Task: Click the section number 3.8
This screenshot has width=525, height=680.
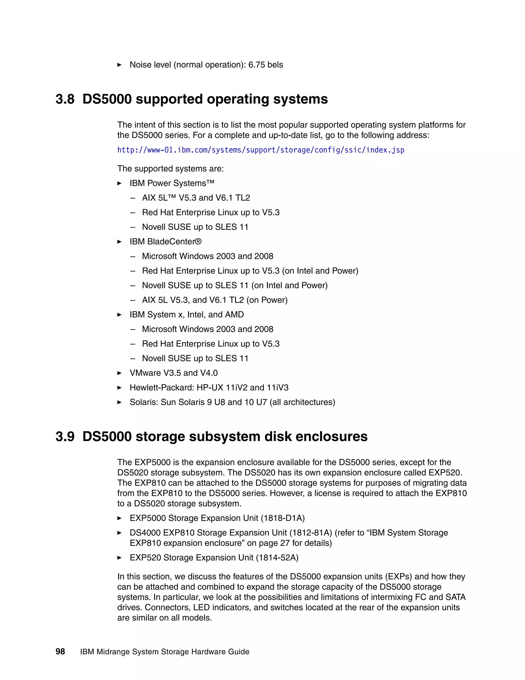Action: click(x=65, y=100)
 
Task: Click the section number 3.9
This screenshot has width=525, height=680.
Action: click(x=65, y=437)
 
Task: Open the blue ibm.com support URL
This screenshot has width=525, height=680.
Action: click(x=261, y=150)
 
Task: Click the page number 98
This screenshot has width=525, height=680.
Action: click(x=60, y=652)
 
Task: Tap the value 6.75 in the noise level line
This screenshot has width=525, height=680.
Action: click(x=256, y=65)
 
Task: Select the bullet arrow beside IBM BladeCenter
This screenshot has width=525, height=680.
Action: click(x=119, y=242)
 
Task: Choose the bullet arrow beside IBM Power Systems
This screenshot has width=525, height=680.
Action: click(x=119, y=183)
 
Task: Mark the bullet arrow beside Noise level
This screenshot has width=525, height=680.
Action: click(x=119, y=65)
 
